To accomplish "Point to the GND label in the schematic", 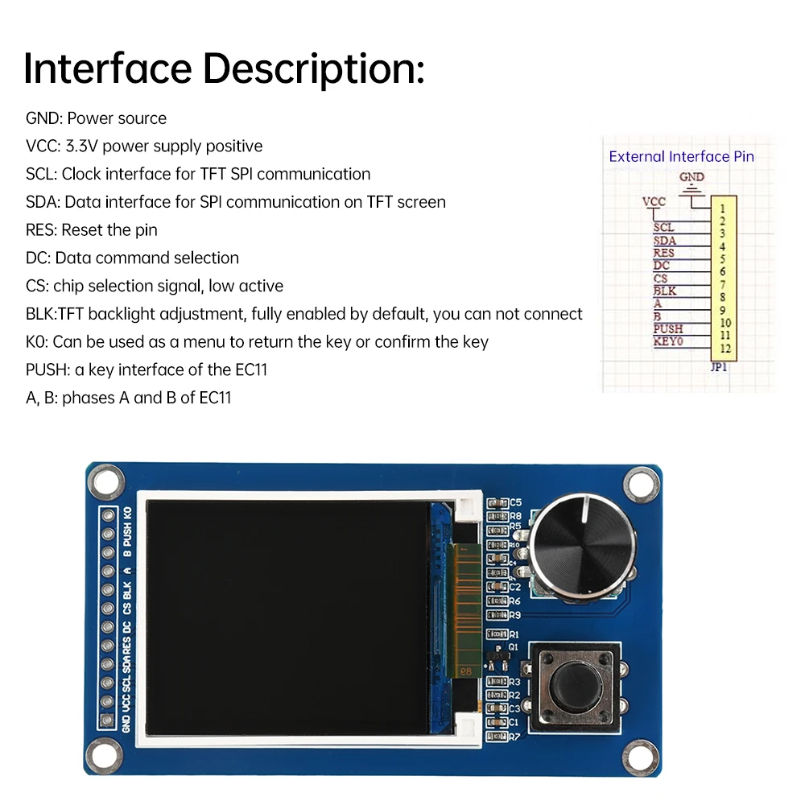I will coord(691,177).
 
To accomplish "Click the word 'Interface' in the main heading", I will coord(105,68).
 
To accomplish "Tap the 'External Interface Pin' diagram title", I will coord(681,157).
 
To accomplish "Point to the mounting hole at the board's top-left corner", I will coord(102,483).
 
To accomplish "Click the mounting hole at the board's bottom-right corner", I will coord(640,754).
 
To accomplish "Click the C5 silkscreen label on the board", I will coord(515,502).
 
